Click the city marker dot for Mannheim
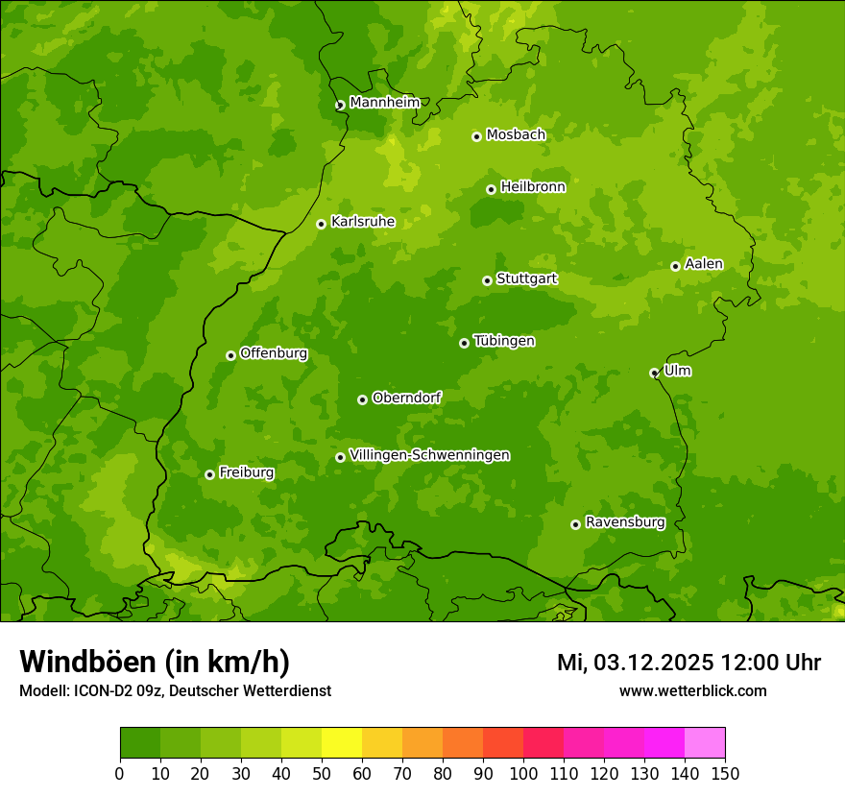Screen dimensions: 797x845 (x=340, y=106)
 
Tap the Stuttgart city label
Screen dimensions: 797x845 (x=526, y=278)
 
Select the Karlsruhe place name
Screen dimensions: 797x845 (x=362, y=222)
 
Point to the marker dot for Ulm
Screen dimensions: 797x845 (x=654, y=373)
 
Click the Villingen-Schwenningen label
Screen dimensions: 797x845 (x=429, y=455)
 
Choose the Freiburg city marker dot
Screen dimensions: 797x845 (x=209, y=474)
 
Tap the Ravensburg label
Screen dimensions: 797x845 (x=624, y=522)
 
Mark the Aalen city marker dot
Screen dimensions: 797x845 (x=675, y=266)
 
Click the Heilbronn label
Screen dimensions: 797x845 (x=533, y=187)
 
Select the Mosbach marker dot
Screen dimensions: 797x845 (x=476, y=136)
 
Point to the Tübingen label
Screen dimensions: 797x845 (x=503, y=341)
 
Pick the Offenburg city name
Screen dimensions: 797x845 (x=274, y=353)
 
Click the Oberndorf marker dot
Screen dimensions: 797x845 (x=362, y=399)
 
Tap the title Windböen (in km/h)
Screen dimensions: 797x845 (x=154, y=662)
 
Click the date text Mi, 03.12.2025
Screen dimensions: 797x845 (x=635, y=663)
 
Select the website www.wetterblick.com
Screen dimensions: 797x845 (x=692, y=690)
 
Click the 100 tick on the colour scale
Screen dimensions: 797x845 (x=523, y=773)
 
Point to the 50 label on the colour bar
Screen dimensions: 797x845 (x=322, y=773)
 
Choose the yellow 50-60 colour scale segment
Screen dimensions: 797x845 (x=342, y=743)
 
